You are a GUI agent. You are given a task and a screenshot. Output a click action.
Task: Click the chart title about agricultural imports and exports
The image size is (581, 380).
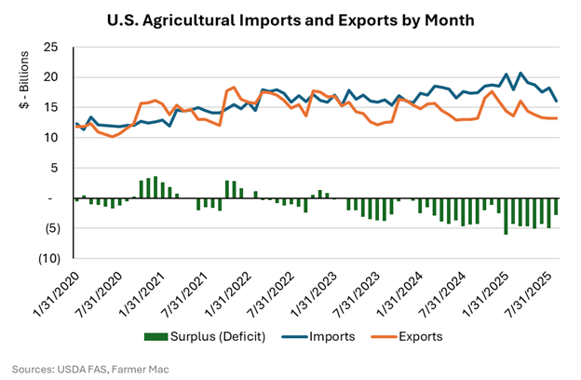point(290,18)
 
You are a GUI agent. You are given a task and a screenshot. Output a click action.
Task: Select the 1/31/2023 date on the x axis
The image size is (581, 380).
point(315,293)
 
